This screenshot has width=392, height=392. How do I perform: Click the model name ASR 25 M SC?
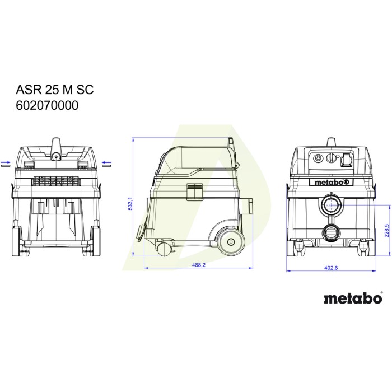55,90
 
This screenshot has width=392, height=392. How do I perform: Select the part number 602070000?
47,105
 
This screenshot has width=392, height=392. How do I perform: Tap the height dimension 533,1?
130,203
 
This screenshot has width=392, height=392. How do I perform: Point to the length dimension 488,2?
198,265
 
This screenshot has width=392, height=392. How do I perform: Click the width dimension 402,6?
331,268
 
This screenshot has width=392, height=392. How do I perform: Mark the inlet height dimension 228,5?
387,231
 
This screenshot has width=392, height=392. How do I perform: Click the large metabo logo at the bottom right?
353,298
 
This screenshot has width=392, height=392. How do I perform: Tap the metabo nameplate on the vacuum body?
332,182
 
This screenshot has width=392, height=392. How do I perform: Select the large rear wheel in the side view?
230,241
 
